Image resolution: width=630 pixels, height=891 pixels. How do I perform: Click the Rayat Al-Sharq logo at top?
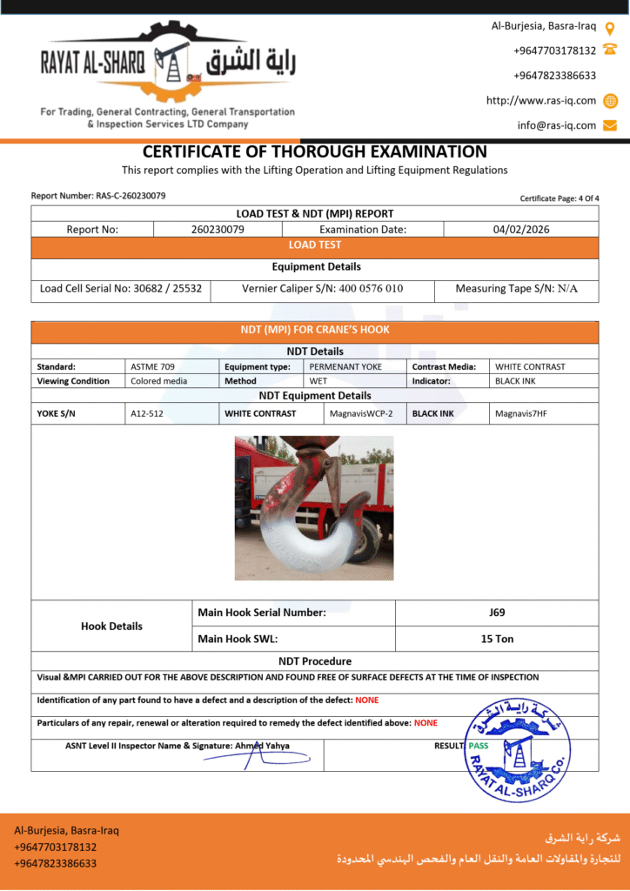(x=169, y=66)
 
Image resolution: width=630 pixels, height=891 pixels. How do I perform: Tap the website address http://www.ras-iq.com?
(x=541, y=100)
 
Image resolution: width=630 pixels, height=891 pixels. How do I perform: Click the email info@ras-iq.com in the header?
(x=557, y=125)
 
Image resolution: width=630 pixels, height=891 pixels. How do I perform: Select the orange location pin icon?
(x=610, y=27)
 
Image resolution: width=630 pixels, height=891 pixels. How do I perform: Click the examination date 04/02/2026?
(x=520, y=230)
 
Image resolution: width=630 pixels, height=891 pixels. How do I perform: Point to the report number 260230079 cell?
(x=218, y=230)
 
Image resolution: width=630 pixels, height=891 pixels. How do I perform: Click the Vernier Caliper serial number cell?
(x=322, y=288)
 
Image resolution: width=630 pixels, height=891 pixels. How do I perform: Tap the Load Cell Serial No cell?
(x=121, y=288)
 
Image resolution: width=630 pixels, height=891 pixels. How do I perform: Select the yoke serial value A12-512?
(x=147, y=413)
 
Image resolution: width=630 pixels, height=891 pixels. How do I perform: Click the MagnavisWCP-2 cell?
(x=361, y=413)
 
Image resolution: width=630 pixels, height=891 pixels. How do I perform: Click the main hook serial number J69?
(x=497, y=612)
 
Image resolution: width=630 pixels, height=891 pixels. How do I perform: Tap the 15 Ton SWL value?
(x=497, y=639)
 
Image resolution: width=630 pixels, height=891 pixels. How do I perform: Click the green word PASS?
(x=478, y=746)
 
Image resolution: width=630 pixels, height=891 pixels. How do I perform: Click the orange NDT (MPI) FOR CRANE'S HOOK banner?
(x=315, y=331)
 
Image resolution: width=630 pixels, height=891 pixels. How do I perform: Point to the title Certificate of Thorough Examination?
(x=315, y=151)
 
